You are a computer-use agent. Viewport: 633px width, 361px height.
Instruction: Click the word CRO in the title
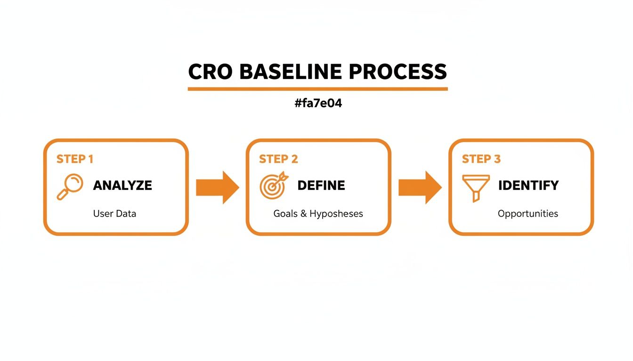tap(210, 72)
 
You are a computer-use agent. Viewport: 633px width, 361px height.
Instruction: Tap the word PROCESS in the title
tap(398, 72)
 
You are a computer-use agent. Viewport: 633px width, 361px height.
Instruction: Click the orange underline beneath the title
tap(317, 88)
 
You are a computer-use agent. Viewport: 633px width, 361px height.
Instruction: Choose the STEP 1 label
tap(75, 159)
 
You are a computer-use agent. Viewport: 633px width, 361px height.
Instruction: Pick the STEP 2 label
tap(278, 159)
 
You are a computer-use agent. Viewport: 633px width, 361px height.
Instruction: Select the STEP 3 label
tap(481, 159)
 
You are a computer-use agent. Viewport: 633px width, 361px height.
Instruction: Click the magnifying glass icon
tap(70, 187)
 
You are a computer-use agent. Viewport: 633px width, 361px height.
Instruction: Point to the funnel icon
tap(476, 188)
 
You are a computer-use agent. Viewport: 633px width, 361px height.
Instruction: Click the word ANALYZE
tap(122, 185)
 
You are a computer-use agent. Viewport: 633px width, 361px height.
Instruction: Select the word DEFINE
tap(321, 185)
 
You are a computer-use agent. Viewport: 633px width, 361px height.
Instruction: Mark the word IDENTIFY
tap(528, 185)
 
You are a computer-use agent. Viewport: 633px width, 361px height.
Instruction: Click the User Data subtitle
tap(114, 213)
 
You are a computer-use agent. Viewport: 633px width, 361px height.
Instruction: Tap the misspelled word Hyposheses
tap(336, 214)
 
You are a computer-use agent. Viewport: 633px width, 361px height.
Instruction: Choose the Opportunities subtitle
tap(527, 214)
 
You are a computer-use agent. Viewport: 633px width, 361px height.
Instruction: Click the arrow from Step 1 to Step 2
tap(217, 187)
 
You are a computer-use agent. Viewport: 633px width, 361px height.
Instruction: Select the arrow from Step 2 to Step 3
tap(420, 187)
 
